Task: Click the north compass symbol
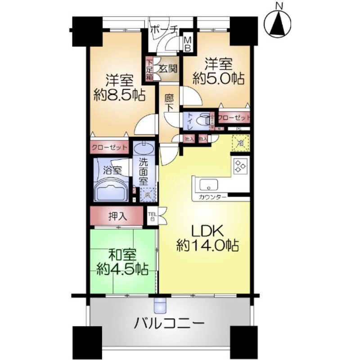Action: pos(279,22)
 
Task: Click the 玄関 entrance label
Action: pos(168,69)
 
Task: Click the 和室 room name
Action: pos(123,256)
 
